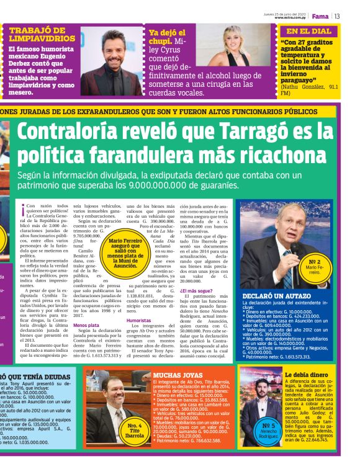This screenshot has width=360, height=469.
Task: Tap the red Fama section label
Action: click(320, 16)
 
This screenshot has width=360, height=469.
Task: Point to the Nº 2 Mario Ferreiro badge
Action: click(314, 266)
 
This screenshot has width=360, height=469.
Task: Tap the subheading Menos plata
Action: click(86, 324)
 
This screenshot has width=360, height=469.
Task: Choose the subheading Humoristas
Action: click(139, 321)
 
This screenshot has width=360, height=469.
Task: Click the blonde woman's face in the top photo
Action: click(240, 40)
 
